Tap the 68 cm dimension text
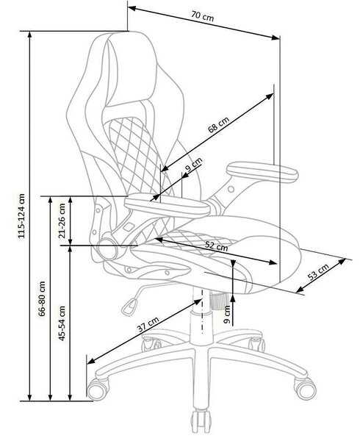pyautogui.click(x=218, y=124)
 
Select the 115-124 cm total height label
pyautogui.click(x=22, y=215)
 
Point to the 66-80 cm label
pyautogui.click(x=42, y=298)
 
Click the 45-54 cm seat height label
pyautogui.click(x=62, y=323)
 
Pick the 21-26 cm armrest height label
pyautogui.click(x=62, y=220)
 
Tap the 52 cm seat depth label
pyautogui.click(x=217, y=247)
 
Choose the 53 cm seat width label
pyautogui.click(x=318, y=272)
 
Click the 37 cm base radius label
pyautogui.click(x=148, y=324)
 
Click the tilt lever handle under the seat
pyautogui.click(x=130, y=307)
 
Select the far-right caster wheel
pyautogui.click(x=305, y=389)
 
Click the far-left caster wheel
pyautogui.click(x=98, y=390)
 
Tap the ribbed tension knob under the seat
pyautogui.click(x=219, y=301)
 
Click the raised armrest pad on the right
pyautogui.click(x=262, y=171)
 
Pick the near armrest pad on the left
pyautogui.click(x=167, y=205)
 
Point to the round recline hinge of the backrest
pyautogui.click(x=108, y=249)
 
